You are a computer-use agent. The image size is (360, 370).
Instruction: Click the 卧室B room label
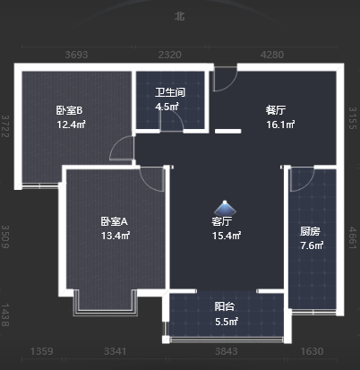(x=69, y=110)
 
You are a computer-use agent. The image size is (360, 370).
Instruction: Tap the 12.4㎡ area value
(x=72, y=125)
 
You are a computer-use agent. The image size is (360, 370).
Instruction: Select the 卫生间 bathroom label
(x=170, y=92)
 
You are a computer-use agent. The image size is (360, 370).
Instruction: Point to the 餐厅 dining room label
(x=276, y=110)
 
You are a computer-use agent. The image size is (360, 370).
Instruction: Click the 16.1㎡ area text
(x=280, y=125)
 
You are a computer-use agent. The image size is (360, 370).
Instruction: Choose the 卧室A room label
(x=114, y=221)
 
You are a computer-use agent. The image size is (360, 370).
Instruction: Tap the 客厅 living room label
(x=222, y=221)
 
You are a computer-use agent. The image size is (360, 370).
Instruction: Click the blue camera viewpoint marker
(x=225, y=207)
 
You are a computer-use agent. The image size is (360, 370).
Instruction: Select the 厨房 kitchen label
(x=310, y=231)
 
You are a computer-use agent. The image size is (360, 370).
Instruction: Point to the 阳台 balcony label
(x=225, y=306)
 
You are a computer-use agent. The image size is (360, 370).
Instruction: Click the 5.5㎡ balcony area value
(x=227, y=322)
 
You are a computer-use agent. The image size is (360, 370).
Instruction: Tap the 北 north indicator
(x=180, y=16)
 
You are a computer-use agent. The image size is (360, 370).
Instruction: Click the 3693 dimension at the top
(x=77, y=55)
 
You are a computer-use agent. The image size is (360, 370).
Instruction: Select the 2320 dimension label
(x=170, y=55)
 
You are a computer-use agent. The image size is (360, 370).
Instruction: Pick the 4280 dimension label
(x=272, y=55)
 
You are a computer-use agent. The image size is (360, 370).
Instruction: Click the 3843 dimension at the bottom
(x=227, y=351)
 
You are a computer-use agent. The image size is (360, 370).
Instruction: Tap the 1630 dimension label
(x=312, y=351)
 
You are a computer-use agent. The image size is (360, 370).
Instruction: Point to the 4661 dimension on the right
(x=353, y=237)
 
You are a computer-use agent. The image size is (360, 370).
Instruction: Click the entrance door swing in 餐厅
(x=225, y=79)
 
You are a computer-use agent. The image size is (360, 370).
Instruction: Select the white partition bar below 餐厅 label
(x=228, y=131)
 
